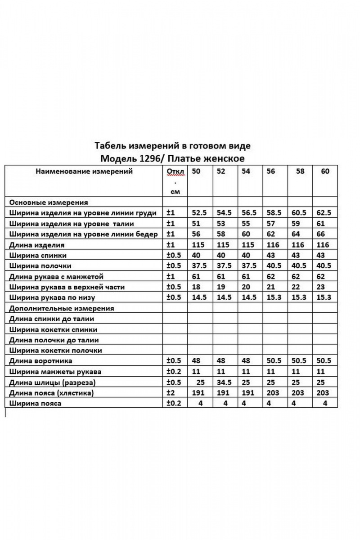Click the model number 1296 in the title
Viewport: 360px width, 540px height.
click(152, 159)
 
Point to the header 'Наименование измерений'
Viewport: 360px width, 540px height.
click(84, 171)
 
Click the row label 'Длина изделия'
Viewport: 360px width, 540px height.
click(36, 245)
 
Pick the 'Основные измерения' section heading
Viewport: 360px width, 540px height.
click(48, 202)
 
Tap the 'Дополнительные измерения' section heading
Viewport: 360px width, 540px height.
click(61, 309)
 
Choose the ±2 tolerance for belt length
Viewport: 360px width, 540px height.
click(171, 393)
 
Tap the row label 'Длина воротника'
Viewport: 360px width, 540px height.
click(40, 361)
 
